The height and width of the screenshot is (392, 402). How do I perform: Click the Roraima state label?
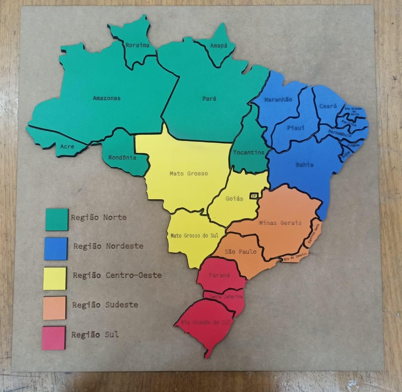click(x=137, y=45)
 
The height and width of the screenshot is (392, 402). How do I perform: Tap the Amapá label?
click(x=219, y=46)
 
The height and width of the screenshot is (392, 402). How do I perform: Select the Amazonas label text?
click(x=107, y=98)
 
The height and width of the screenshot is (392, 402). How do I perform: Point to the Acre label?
click(x=67, y=146)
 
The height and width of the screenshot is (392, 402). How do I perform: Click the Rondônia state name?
click(x=122, y=157)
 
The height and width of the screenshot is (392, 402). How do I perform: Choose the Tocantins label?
click(x=249, y=152)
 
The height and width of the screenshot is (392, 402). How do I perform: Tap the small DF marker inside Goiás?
click(x=253, y=196)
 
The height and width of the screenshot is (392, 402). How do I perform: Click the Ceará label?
click(x=328, y=106)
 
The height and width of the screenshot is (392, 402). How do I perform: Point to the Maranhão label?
click(x=278, y=100)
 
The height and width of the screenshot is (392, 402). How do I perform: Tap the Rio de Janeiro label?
click(x=295, y=257)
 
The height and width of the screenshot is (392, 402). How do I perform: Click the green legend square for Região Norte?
click(x=57, y=219)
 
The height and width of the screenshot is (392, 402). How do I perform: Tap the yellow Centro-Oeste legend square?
click(x=55, y=278)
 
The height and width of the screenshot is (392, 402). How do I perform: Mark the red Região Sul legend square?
click(x=53, y=337)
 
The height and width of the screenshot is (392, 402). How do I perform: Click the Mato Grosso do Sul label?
click(x=194, y=235)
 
